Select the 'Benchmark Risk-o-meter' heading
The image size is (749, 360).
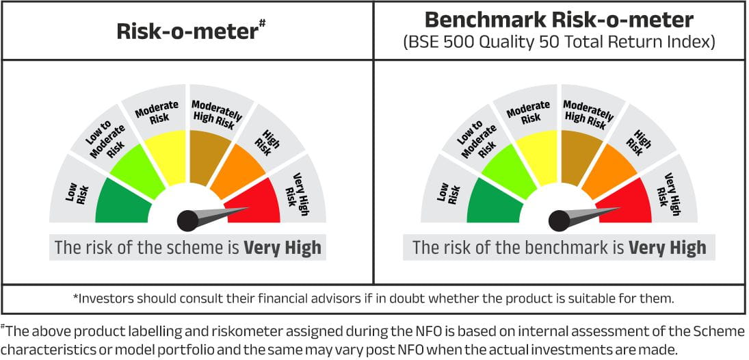559,21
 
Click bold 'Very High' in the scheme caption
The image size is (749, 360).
282,248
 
